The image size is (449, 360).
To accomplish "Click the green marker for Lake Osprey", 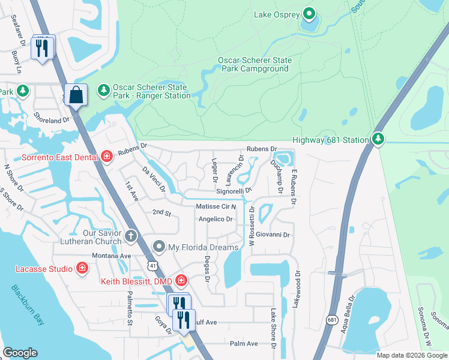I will [309, 13].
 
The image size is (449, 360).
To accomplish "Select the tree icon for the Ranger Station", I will [104, 89].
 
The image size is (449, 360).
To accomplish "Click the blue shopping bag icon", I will [76, 95].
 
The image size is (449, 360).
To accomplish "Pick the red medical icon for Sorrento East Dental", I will [106, 157].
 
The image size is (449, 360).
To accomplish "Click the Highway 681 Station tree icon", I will [377, 139].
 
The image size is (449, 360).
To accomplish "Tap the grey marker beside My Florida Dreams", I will [159, 247].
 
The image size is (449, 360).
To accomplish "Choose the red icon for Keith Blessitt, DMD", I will [181, 280].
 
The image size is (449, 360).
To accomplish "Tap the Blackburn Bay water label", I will [28, 304].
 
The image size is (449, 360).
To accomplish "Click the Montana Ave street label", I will [111, 256].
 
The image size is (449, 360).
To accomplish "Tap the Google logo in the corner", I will [20, 353].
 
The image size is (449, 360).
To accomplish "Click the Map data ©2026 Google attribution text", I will [412, 355].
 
